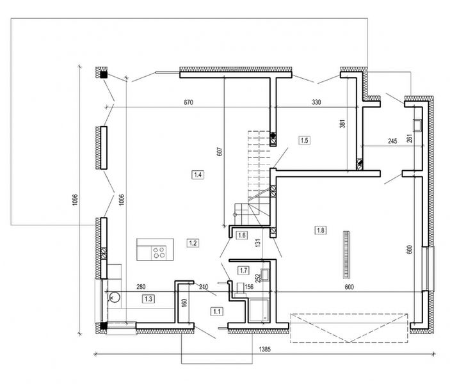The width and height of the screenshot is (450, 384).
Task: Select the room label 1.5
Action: pos(304,140)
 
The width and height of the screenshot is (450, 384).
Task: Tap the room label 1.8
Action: pos(321,229)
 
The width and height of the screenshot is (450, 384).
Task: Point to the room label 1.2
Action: pos(193,242)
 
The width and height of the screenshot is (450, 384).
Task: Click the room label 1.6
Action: pos(241,235)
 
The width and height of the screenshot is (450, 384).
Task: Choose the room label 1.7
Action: pos(243,270)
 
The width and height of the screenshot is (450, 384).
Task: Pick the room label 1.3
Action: pos(149,298)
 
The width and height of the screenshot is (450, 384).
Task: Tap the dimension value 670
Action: pos(188,102)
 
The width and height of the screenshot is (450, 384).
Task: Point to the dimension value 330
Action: pos(316,102)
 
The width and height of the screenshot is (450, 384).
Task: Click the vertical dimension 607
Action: pos(219,151)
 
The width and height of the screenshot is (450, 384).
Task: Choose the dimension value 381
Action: pos(342,125)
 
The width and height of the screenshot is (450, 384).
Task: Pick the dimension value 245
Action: pos(392,140)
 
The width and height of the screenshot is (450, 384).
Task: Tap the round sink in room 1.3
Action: pos(116,297)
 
